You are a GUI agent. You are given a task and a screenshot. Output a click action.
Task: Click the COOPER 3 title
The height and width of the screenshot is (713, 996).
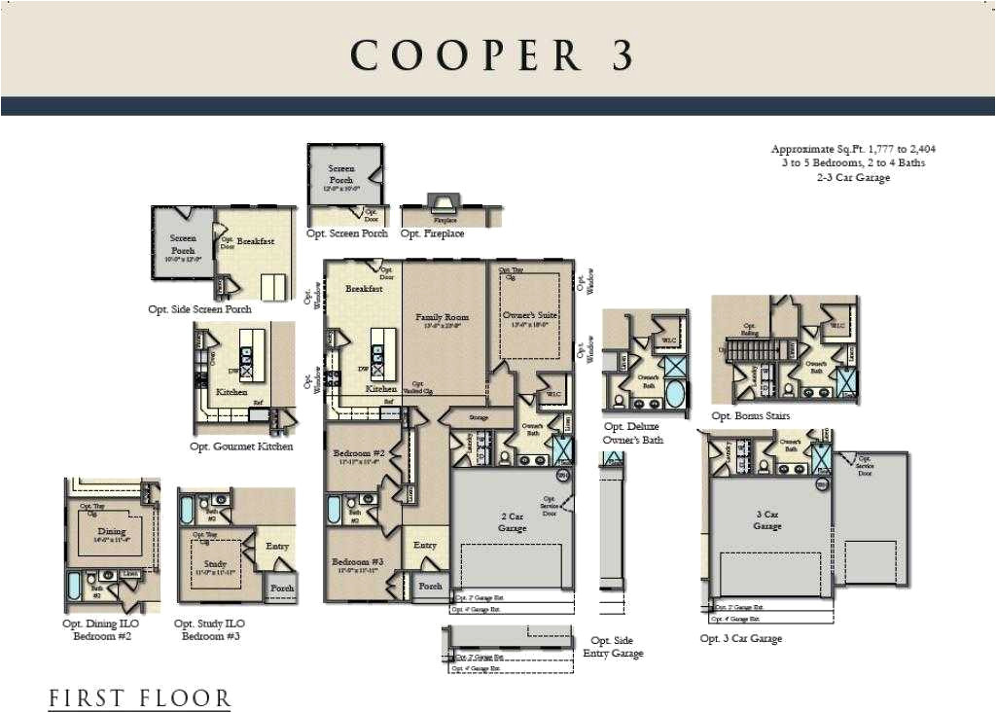492,55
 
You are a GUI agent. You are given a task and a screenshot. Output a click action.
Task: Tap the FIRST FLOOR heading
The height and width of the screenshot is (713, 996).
140,697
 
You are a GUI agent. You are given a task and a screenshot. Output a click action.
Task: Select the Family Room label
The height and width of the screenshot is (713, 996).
443,317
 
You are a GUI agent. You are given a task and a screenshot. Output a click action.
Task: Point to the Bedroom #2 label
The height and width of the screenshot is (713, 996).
359,454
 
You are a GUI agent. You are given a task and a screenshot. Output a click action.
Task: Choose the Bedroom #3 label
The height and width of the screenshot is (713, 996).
359,563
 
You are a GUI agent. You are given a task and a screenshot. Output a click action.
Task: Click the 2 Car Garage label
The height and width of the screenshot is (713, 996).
512,521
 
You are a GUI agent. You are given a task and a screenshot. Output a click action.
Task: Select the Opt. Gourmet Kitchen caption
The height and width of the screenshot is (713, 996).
241,446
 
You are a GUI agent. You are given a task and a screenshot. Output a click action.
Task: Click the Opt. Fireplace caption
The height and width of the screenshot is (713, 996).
432,233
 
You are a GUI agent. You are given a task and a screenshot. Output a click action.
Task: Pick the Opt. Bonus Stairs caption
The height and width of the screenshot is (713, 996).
750,415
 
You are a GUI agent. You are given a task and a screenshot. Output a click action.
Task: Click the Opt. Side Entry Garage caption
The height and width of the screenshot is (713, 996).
613,647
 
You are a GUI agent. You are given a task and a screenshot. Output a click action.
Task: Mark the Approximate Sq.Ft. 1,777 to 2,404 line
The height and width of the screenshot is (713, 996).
853,149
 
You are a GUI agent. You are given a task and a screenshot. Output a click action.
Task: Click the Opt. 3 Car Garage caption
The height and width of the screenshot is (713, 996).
740,639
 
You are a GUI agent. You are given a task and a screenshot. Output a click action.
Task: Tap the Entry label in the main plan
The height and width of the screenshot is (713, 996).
425,546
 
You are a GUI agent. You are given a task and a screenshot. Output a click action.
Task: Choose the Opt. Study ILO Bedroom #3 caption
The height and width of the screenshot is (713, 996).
210,629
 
